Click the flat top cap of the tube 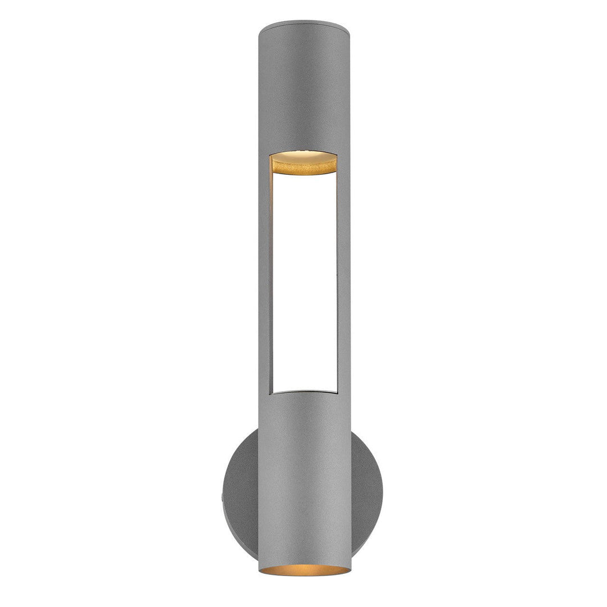point(303,26)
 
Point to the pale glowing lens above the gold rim point(303,154)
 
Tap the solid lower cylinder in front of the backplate point(303,478)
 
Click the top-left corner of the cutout point(270,155)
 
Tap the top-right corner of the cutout point(338,155)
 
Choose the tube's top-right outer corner point(348,26)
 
